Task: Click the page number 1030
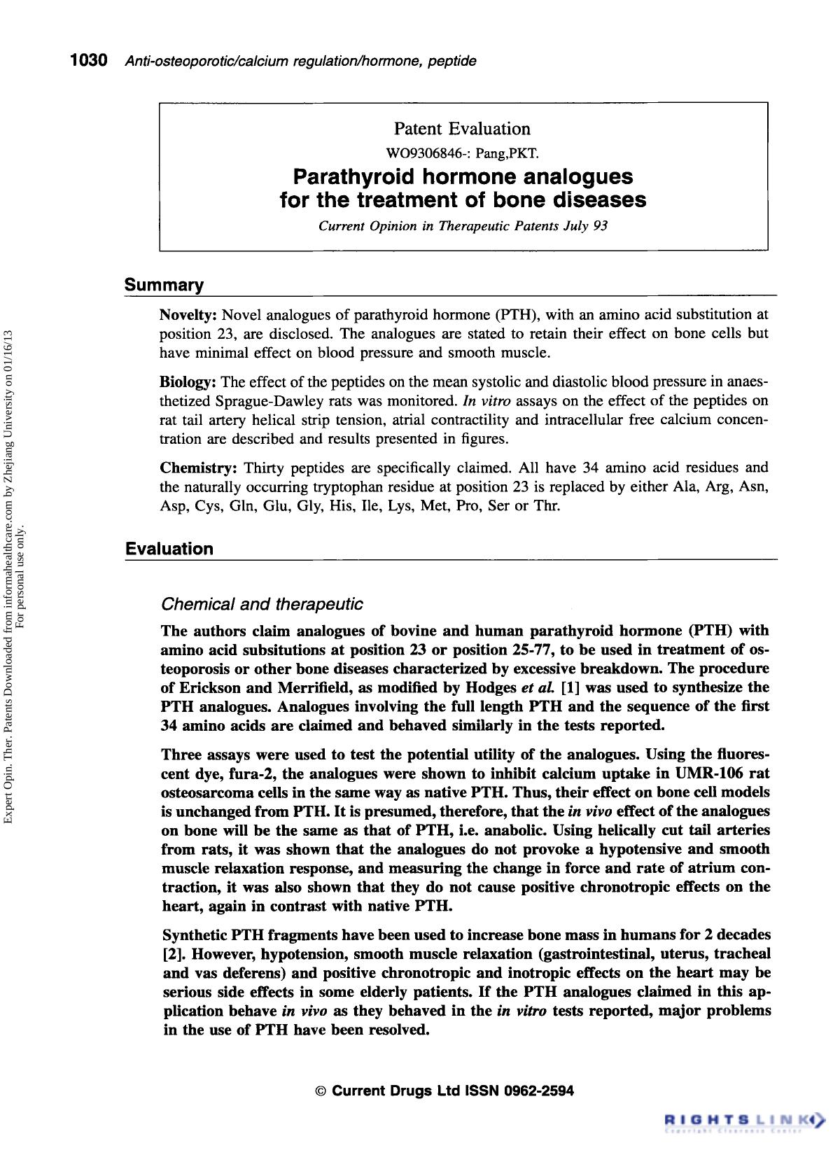[x=87, y=61]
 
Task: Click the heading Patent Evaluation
[x=462, y=129]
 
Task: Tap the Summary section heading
[x=164, y=286]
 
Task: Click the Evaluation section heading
[x=169, y=549]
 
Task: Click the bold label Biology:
[x=188, y=382]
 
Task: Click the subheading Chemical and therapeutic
[x=262, y=603]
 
